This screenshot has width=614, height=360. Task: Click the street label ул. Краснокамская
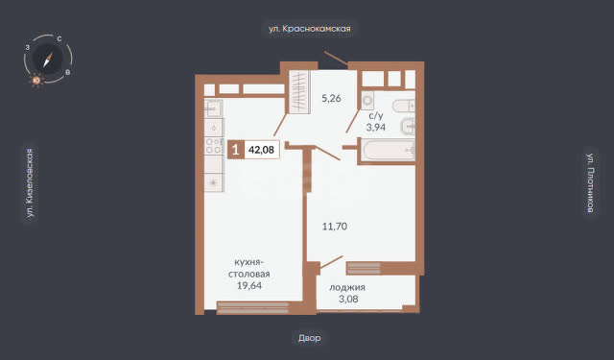tap(309, 29)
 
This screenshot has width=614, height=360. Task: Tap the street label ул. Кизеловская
tap(30, 182)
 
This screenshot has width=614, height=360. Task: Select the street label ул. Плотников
tap(591, 183)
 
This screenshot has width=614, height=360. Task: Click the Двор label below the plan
tap(309, 338)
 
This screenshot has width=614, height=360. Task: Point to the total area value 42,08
tap(261, 150)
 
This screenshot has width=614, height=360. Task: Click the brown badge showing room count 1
tap(236, 150)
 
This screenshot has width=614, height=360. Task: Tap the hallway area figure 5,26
tap(331, 98)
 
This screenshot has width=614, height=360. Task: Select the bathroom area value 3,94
tap(376, 127)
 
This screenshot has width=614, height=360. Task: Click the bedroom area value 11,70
tap(335, 227)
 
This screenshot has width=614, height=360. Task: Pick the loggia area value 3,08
tap(348, 300)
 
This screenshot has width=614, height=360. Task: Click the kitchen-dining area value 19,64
tap(249, 285)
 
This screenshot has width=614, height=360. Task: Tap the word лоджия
tap(347, 288)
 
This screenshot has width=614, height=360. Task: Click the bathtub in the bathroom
tap(389, 149)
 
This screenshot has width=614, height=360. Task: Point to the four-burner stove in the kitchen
tap(214, 146)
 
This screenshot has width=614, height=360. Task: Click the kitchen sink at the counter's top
tap(213, 108)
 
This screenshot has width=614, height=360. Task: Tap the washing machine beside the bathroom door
tap(367, 101)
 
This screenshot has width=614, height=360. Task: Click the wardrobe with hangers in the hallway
tap(299, 91)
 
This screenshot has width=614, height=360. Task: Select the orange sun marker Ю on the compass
tap(36, 81)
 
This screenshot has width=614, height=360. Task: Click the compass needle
tap(48, 60)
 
